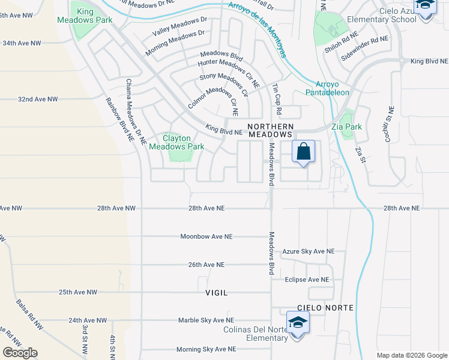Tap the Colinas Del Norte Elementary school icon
tap(298, 324)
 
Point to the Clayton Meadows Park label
tap(176, 142)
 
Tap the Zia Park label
tap(346, 127)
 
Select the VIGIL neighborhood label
tap(217, 293)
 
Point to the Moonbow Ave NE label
tap(206, 236)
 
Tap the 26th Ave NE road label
tap(206, 265)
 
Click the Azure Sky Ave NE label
tap(309, 251)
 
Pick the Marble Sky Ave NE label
tap(206, 320)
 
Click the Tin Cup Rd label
tap(277, 100)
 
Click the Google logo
tap(20, 353)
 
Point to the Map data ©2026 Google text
tap(411, 355)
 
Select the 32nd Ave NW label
tap(38, 99)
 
